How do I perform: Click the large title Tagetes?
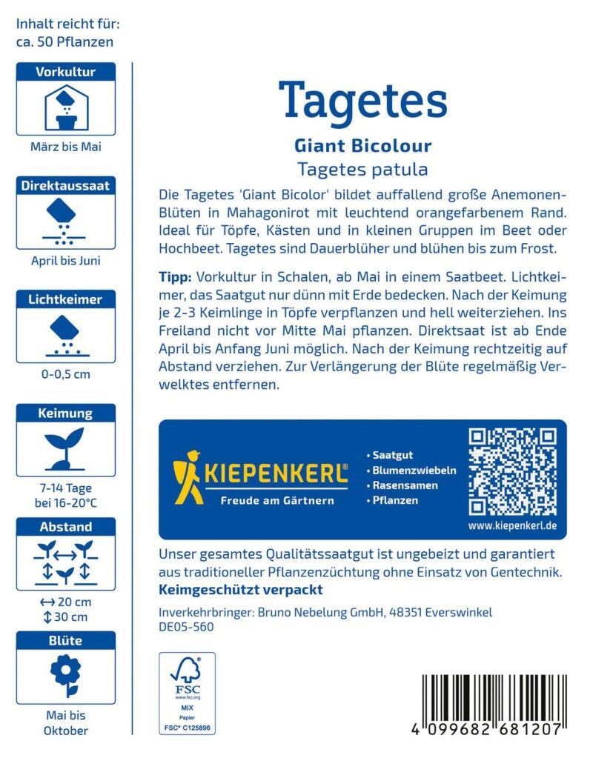click(362, 102)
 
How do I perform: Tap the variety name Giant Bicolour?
click(362, 145)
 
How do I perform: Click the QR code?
click(512, 472)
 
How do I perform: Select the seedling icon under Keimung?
click(64, 449)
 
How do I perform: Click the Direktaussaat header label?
click(66, 186)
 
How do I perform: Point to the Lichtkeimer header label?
click(66, 299)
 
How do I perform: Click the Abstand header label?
click(66, 527)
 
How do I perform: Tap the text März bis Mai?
click(66, 147)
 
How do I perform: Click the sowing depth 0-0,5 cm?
click(66, 374)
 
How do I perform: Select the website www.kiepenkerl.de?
click(512, 526)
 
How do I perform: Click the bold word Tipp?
click(176, 277)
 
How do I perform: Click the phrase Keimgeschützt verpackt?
click(241, 591)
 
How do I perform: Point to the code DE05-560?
click(186, 627)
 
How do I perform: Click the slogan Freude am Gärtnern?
click(277, 501)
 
